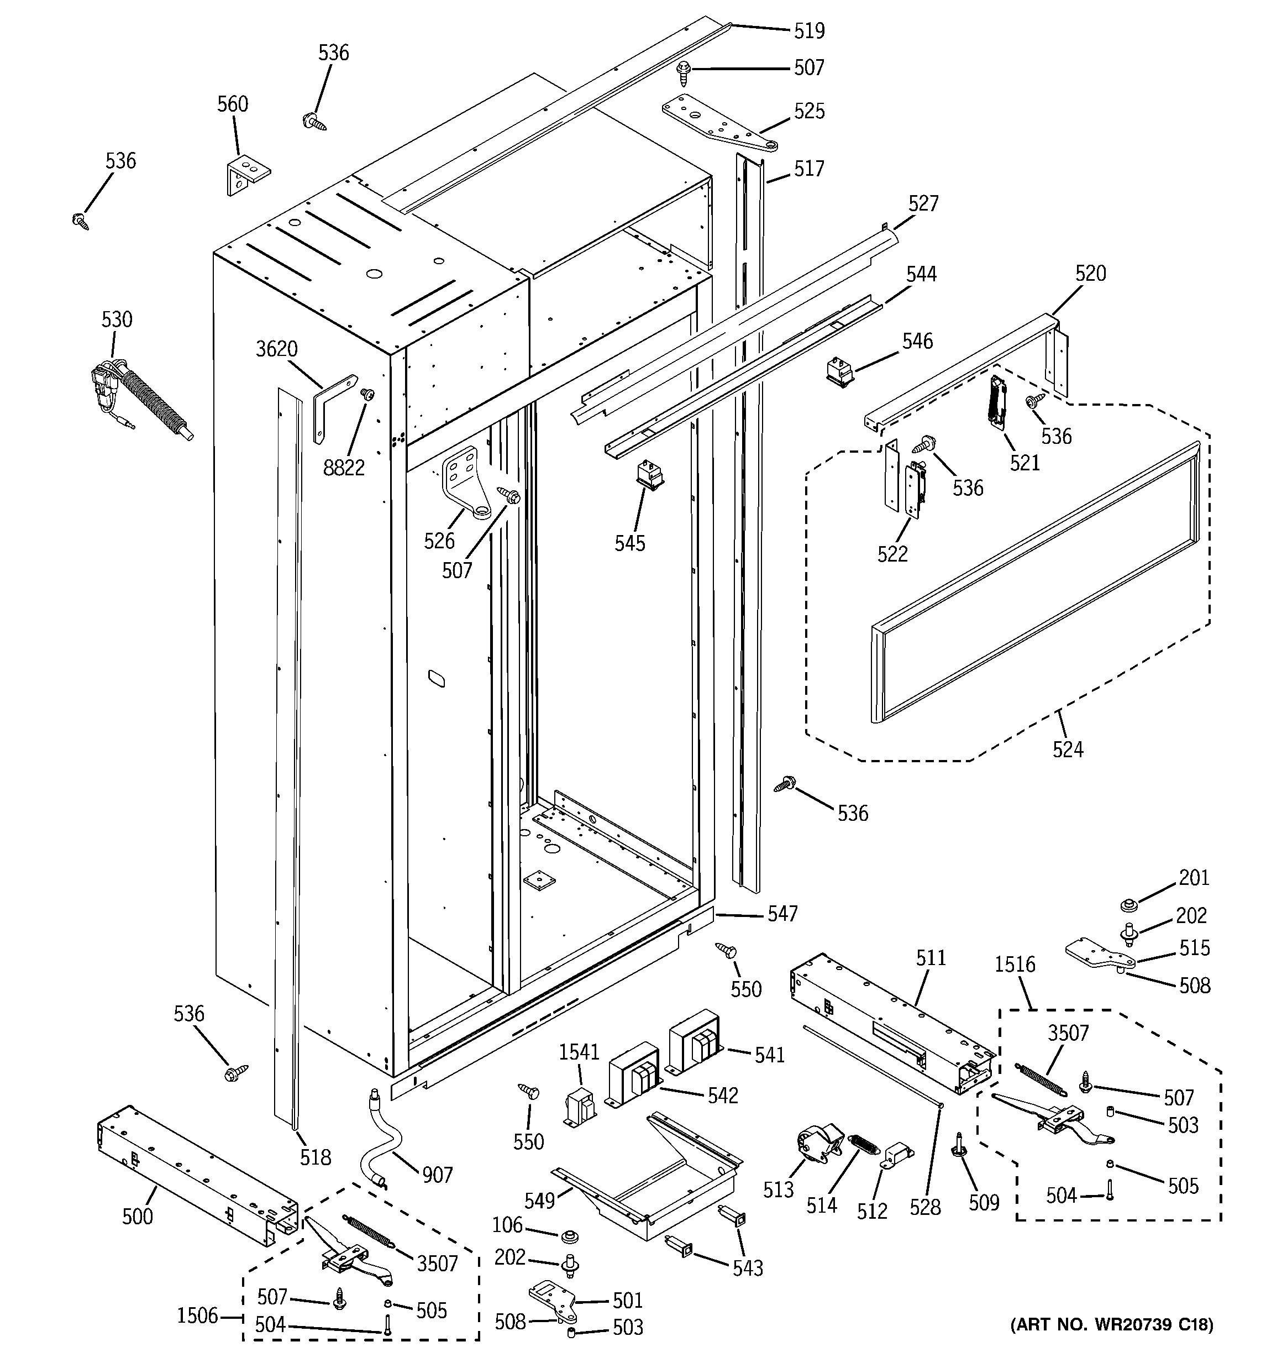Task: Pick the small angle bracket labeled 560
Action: [x=246, y=175]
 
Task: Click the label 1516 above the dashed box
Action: [x=1015, y=964]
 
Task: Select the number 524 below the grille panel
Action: [x=1067, y=749]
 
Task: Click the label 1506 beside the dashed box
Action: [x=197, y=1315]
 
